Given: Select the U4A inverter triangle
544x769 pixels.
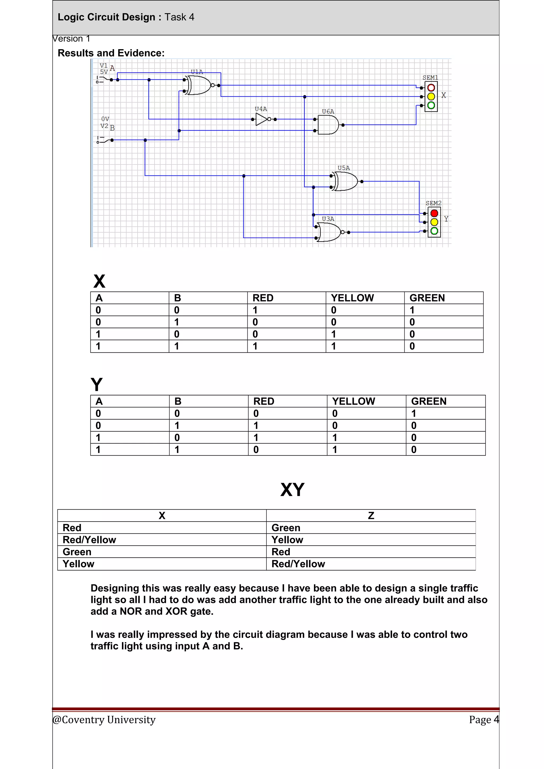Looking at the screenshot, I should click(x=262, y=119).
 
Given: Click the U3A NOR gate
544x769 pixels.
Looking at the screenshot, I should click(x=330, y=232).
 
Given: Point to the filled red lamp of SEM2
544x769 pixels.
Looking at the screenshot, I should click(x=434, y=213).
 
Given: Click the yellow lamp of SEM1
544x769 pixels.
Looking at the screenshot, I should click(x=431, y=96).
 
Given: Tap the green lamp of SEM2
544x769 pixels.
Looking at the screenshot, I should click(x=434, y=231).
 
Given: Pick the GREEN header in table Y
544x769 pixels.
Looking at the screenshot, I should click(x=428, y=401).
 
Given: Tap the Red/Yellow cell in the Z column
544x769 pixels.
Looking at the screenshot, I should click(x=298, y=564).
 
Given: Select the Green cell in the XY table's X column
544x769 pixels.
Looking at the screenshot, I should click(x=77, y=552).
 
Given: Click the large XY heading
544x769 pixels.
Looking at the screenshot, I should click(x=292, y=490).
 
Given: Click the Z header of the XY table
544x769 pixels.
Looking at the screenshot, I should click(x=371, y=515).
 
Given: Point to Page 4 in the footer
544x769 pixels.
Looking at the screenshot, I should click(x=483, y=719).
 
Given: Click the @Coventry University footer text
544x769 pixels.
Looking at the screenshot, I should click(x=104, y=719).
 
